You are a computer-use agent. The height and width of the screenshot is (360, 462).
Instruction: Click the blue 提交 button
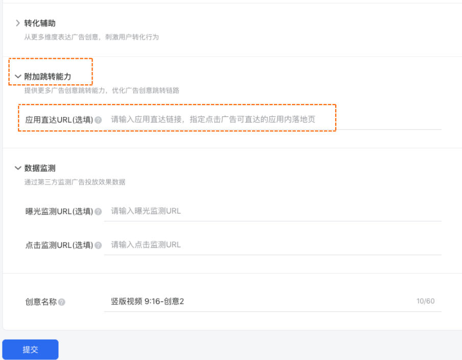pyautogui.click(x=30, y=350)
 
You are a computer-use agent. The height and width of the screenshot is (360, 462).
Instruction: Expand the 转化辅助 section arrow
pyautogui.click(x=18, y=23)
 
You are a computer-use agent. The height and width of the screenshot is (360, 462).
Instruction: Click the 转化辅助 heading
pyautogui.click(x=40, y=23)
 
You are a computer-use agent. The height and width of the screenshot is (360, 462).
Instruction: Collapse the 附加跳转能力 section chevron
pyautogui.click(x=18, y=77)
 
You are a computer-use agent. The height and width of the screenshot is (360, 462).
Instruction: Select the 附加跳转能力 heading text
pyautogui.click(x=48, y=77)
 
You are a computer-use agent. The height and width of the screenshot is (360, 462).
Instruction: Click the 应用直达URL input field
pyautogui.click(x=271, y=119)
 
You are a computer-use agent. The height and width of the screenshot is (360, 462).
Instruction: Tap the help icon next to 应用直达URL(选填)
pyautogui.click(x=98, y=121)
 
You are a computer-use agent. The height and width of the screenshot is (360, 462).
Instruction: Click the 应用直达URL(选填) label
pyautogui.click(x=59, y=120)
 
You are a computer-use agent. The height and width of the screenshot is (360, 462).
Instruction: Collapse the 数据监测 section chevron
pyautogui.click(x=18, y=168)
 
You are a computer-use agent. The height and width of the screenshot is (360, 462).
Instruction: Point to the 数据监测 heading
pyautogui.click(x=40, y=168)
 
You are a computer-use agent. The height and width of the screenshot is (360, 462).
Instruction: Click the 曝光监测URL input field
pyautogui.click(x=271, y=211)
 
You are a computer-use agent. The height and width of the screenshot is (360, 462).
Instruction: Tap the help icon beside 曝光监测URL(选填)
pyautogui.click(x=98, y=212)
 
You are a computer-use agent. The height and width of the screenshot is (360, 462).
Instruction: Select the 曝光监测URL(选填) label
pyautogui.click(x=59, y=211)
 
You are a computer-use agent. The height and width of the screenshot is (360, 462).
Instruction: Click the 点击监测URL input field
pyautogui.click(x=271, y=245)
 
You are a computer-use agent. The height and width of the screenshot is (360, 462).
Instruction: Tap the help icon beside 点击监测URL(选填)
pyautogui.click(x=98, y=246)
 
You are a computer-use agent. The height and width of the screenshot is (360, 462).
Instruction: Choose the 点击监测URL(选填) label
pyautogui.click(x=59, y=245)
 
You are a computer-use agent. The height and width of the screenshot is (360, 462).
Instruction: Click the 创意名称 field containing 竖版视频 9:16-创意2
pyautogui.click(x=256, y=301)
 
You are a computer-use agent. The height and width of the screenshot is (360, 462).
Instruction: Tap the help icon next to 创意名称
pyautogui.click(x=62, y=302)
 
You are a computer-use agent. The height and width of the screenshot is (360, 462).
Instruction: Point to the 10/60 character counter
pyautogui.click(x=425, y=301)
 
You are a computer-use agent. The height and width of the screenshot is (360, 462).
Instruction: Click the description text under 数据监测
pyautogui.click(x=75, y=182)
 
